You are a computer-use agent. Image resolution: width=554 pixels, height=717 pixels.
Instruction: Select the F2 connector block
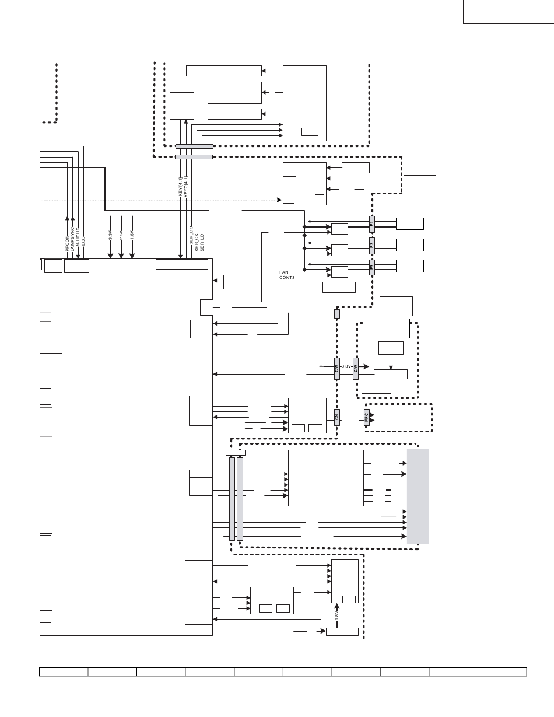(x=371, y=243)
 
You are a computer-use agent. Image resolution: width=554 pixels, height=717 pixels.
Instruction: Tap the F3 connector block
(x=371, y=265)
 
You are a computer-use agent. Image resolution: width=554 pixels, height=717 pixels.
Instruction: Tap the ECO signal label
(x=83, y=239)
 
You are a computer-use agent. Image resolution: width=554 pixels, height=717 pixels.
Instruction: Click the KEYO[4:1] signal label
(x=186, y=187)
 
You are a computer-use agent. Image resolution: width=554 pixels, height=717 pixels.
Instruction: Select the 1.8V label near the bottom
(x=337, y=615)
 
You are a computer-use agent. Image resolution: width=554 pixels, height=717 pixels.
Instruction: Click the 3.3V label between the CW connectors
(x=346, y=366)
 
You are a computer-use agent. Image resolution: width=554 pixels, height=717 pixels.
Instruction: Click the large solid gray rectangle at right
(x=418, y=496)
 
